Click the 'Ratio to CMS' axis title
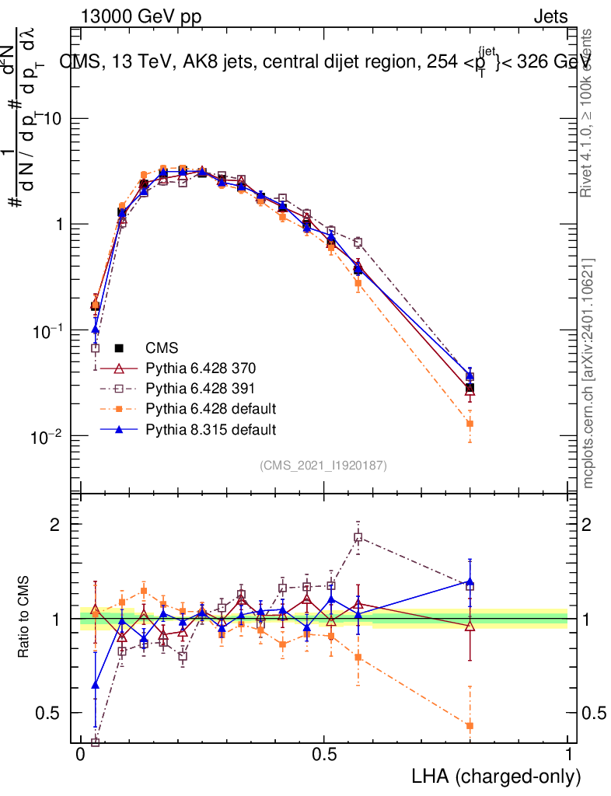(26, 619)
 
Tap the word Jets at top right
(550, 16)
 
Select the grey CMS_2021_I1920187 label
(323, 465)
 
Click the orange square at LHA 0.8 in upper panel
(470, 424)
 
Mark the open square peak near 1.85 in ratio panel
(358, 537)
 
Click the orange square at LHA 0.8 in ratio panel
(470, 726)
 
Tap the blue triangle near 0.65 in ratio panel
(96, 685)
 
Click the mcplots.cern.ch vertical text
(590, 373)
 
